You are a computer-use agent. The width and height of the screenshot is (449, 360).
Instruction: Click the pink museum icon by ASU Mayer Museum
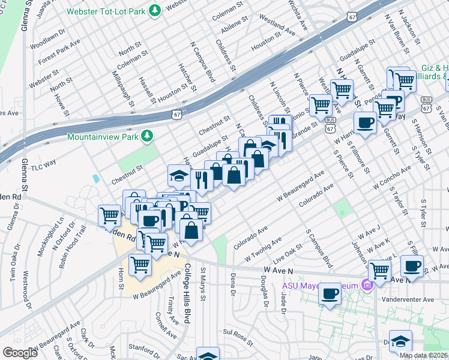point(365,284)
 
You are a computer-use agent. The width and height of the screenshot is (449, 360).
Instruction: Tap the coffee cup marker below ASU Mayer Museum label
point(330,294)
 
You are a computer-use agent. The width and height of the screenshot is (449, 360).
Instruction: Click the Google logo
point(20,352)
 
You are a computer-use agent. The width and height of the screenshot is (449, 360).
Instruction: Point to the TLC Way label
point(43,164)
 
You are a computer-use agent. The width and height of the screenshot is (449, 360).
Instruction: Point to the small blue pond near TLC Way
point(97,178)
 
